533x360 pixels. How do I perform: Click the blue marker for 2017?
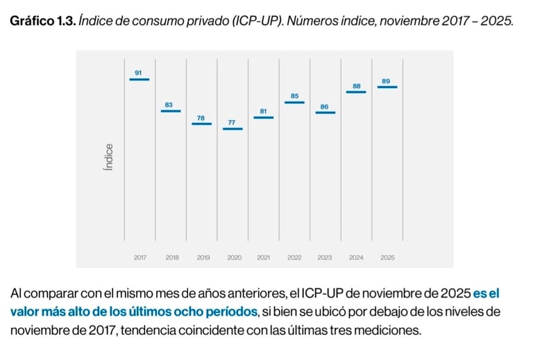(x=139, y=79)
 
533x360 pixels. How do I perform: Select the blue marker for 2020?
(x=232, y=129)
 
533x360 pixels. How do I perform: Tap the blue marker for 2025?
(x=387, y=87)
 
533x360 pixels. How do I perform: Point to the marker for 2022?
(x=294, y=103)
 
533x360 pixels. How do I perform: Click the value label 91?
(x=139, y=72)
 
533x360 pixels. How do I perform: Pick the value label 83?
(x=169, y=105)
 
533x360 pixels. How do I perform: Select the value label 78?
(x=201, y=118)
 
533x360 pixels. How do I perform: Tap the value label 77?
(x=232, y=123)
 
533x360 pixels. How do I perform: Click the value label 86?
(x=325, y=107)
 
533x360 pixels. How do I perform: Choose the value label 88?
(x=357, y=86)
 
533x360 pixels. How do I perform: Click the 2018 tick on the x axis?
(x=171, y=257)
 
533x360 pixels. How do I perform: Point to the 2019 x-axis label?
(x=203, y=257)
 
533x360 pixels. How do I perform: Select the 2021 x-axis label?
(x=264, y=257)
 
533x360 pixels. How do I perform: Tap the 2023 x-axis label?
(x=325, y=257)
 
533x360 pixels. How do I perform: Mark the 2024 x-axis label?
(x=356, y=257)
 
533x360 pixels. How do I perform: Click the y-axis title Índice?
(x=108, y=158)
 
